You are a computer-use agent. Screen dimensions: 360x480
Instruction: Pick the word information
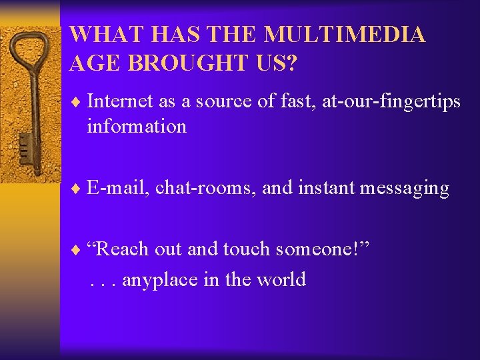[x=136, y=126]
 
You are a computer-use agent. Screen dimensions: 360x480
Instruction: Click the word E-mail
[x=117, y=188]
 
